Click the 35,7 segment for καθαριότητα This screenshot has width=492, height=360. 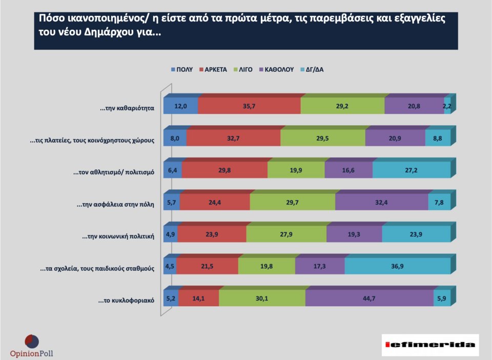coord(249,106)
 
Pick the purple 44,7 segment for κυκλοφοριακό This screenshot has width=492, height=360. coord(370,298)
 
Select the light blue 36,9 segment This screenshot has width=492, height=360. coord(397,266)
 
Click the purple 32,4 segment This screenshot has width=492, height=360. coord(381,202)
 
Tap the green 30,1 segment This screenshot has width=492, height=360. coord(262,298)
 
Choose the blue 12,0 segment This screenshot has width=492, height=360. coord(180,106)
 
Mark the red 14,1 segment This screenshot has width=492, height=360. coord(198,298)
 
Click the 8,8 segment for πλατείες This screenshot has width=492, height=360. coord(438,138)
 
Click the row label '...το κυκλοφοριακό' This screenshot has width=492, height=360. coord(126,301)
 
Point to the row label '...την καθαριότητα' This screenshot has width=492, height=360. coord(127,109)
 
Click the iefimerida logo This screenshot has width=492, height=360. coord(430,345)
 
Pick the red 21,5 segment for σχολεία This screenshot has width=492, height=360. coord(207,266)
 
